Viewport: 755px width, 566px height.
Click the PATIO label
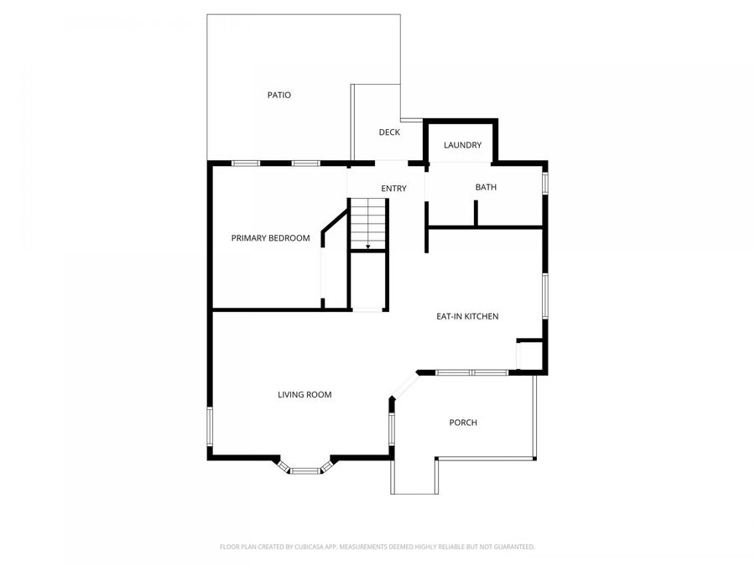tap(279, 96)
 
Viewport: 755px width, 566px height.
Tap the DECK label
tap(389, 132)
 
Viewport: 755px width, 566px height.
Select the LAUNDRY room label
tap(463, 145)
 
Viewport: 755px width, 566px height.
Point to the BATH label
tap(486, 187)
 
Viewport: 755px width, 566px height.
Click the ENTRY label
tap(393, 189)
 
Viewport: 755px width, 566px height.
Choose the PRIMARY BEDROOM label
tap(270, 238)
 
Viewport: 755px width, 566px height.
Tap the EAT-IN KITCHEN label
tap(467, 316)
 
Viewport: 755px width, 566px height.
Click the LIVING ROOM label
tap(305, 394)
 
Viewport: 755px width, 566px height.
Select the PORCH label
tap(463, 423)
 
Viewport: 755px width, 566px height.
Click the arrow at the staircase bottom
tap(367, 246)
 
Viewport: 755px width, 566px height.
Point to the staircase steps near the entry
tap(367, 221)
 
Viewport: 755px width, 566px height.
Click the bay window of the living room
tap(305, 470)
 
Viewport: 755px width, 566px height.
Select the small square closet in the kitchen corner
tap(529, 356)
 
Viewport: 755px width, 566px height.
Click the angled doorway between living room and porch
tap(405, 385)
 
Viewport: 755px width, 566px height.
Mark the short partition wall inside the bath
tap(476, 212)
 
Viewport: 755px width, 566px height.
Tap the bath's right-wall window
tap(545, 183)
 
